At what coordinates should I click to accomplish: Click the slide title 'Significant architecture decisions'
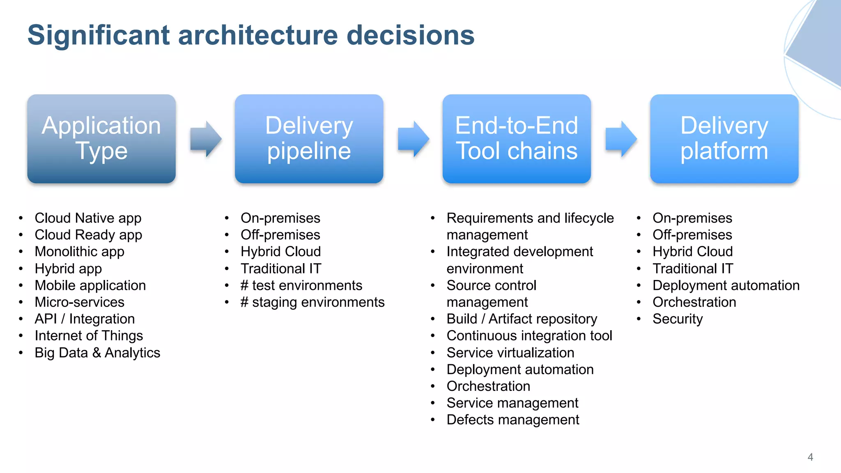coord(250,35)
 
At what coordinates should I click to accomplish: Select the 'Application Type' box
coord(101,138)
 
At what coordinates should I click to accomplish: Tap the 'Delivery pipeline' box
coord(309,138)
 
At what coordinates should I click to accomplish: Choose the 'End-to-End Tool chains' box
coord(517,138)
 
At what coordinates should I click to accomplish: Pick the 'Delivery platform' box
coord(724,138)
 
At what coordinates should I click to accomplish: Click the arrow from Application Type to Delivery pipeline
coord(206,139)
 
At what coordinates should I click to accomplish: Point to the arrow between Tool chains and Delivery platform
coord(621,139)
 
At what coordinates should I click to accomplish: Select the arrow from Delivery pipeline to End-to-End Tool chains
coord(413,139)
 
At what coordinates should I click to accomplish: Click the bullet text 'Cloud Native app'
coord(88,218)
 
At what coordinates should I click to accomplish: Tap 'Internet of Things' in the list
coord(89,336)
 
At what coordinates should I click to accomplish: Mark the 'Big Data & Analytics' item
coord(97,353)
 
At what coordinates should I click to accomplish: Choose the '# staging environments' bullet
coord(312,302)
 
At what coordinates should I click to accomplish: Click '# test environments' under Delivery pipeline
coord(301,285)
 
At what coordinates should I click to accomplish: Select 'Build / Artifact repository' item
coord(522,319)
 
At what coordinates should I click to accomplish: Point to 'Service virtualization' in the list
coord(510,353)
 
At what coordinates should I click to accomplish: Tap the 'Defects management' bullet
coord(512,420)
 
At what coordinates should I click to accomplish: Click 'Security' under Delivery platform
coord(678,319)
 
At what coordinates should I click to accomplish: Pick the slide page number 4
coord(810,457)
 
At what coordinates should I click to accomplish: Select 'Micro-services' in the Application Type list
coord(79,302)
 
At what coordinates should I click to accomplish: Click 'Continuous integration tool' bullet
coord(529,336)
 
